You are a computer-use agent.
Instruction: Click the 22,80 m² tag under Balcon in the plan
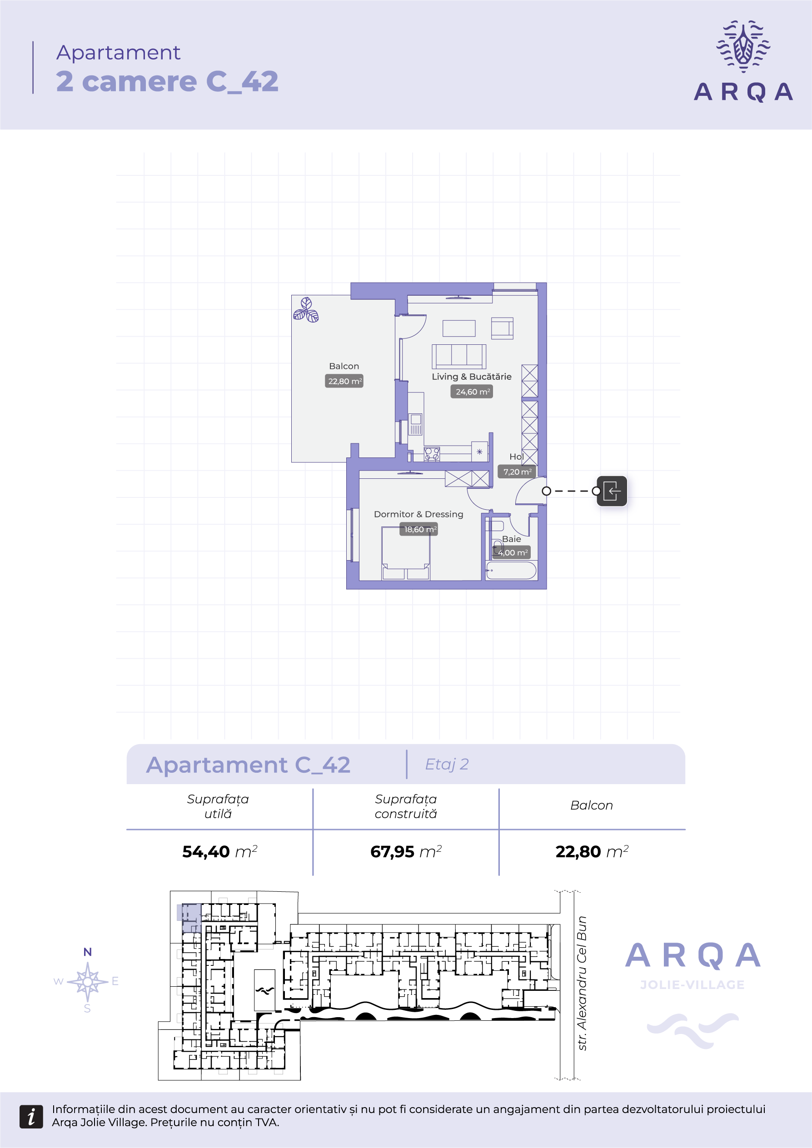tap(344, 381)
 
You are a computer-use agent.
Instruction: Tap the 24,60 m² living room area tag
tap(472, 392)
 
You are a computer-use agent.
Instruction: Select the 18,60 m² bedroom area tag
tap(419, 529)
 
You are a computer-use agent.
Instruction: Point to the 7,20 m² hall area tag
tap(517, 472)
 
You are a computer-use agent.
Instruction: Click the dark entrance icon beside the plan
tap(612, 491)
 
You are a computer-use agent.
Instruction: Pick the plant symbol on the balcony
tap(306, 310)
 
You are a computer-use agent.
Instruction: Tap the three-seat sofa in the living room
tap(459, 356)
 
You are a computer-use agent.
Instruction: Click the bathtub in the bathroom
tap(511, 570)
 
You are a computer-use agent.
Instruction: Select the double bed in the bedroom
tap(405, 553)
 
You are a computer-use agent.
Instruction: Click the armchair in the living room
tap(502, 328)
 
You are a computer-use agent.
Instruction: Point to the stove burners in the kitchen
tap(432, 454)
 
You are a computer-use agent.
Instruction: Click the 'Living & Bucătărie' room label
tap(472, 377)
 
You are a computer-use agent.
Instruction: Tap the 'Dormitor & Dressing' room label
tap(418, 514)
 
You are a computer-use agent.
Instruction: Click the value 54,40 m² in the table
tap(219, 851)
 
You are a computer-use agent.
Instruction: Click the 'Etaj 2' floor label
tap(447, 764)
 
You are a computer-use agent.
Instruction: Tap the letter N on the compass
tap(88, 952)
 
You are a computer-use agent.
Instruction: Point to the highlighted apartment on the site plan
tap(189, 918)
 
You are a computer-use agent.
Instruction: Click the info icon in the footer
tap(31, 1116)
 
